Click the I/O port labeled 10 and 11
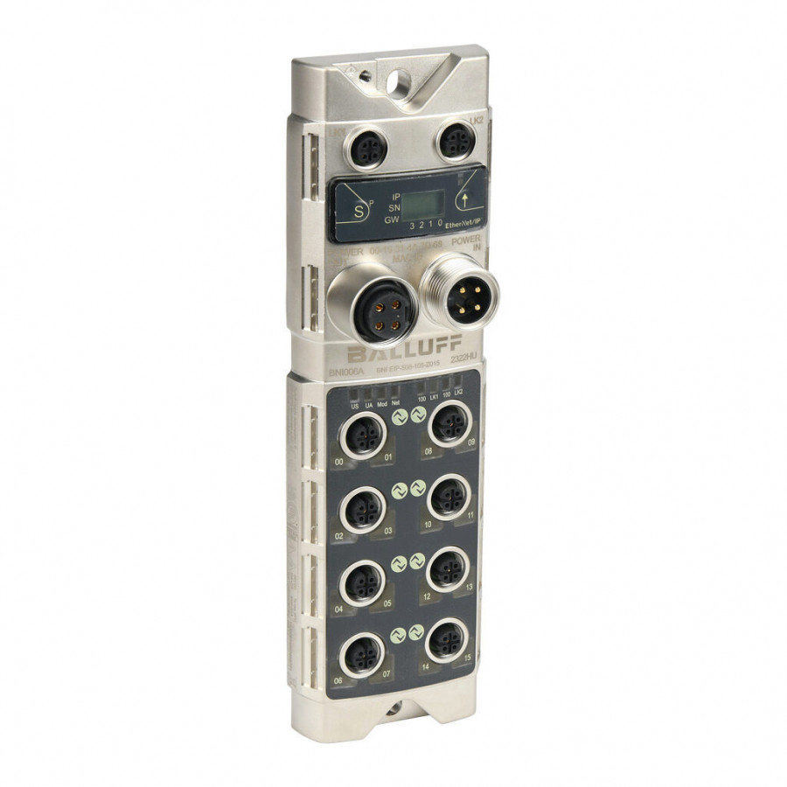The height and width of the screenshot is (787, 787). tap(449, 498)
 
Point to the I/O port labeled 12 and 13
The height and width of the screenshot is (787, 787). tap(448, 568)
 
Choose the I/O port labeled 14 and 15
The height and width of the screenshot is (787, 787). tap(447, 639)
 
